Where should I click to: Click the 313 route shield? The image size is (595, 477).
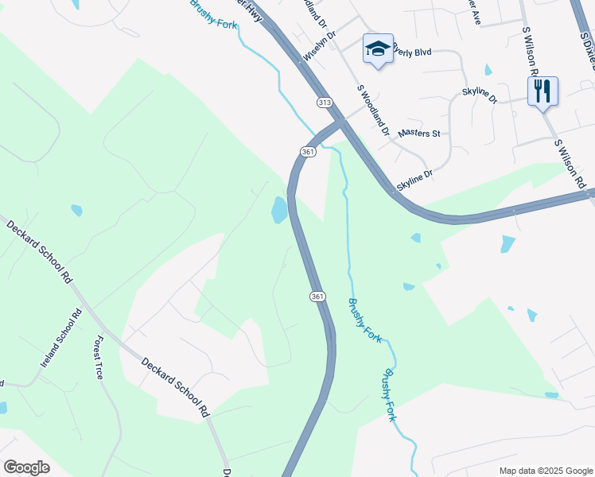pyautogui.click(x=324, y=103)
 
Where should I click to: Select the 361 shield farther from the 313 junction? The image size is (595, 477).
pyautogui.click(x=317, y=296)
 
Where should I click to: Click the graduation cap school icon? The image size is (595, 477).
pyautogui.click(x=378, y=49)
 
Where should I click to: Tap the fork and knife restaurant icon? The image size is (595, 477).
pyautogui.click(x=542, y=91)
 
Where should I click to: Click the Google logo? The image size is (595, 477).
pyautogui.click(x=26, y=467)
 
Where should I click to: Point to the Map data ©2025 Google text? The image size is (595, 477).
pyautogui.click(x=545, y=471)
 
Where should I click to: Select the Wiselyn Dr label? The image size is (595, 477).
pyautogui.click(x=321, y=47)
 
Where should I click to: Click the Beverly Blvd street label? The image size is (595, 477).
pyautogui.click(x=411, y=52)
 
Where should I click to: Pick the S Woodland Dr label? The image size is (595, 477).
pyautogui.click(x=371, y=111)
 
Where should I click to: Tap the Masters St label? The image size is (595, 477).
pyautogui.click(x=420, y=134)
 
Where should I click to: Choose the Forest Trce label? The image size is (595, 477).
pyautogui.click(x=98, y=357)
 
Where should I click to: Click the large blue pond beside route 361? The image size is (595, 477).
pyautogui.click(x=279, y=210)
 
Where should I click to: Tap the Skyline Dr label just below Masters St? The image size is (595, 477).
pyautogui.click(x=414, y=179)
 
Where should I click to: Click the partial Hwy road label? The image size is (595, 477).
pyautogui.click(x=254, y=11)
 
